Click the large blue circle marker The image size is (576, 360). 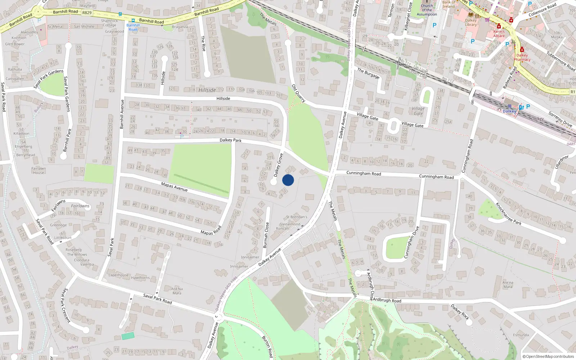[288, 180]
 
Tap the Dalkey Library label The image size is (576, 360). [471, 22]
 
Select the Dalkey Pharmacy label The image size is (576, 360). [522, 57]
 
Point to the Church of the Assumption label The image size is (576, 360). [427, 10]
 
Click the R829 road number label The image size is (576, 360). [87, 13]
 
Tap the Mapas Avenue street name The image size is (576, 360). [174, 186]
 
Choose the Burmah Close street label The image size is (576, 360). [266, 235]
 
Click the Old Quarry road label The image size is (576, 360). [298, 93]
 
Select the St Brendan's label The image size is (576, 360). [297, 217]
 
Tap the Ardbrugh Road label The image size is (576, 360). [387, 300]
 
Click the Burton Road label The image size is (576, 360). [267, 346]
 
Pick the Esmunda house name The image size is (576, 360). [521, 335]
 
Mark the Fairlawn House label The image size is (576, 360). [39, 170]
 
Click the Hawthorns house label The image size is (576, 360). [140, 278]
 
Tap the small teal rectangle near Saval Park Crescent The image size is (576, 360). [128, 336]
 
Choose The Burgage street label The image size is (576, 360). [368, 73]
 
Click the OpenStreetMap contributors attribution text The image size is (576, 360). [548, 357]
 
